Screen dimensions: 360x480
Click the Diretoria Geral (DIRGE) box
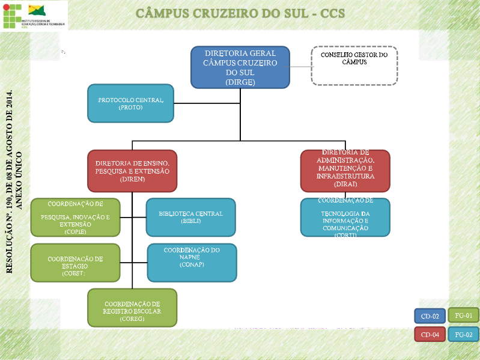[x=240, y=67]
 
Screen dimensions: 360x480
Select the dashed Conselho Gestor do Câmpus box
[x=354, y=65]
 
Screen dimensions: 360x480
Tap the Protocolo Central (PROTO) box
[x=130, y=103]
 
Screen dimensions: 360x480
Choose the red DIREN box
[x=132, y=171]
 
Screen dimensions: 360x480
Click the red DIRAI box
[x=345, y=170]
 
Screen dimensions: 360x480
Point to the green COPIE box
[x=75, y=217]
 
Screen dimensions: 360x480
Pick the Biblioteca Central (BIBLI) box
[x=190, y=217]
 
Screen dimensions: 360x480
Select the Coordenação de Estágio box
[x=75, y=263]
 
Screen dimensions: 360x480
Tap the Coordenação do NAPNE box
[x=192, y=262]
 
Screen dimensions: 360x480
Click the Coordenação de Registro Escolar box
[x=132, y=307]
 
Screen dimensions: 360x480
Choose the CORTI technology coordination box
[x=345, y=217]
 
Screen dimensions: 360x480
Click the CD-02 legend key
[x=430, y=316]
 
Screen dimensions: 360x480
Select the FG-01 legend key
[x=463, y=314]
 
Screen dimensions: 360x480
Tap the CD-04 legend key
[x=430, y=334]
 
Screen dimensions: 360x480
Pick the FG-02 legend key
[x=463, y=334]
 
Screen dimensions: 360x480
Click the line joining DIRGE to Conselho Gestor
[x=300, y=66]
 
